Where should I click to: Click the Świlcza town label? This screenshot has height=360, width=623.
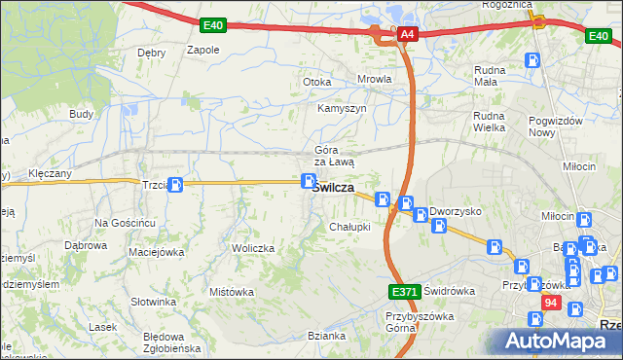coord(333,189)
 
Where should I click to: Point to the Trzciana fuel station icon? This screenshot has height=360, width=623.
coord(175,185)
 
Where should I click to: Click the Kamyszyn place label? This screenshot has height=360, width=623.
coord(342,108)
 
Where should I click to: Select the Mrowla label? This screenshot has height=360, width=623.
coord(374,80)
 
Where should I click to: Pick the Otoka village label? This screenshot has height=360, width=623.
coord(317,82)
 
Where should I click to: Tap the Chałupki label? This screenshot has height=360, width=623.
coord(349,227)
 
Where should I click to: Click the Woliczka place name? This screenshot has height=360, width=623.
coord(253,248)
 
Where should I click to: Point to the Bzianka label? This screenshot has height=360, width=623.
coord(326,336)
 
